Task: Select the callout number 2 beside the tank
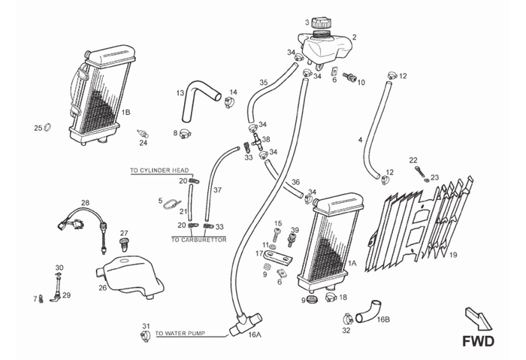click(x=354, y=37)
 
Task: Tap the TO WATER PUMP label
click(x=179, y=331)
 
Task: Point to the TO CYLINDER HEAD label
click(x=159, y=171)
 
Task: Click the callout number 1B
click(x=126, y=112)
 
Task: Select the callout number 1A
click(x=352, y=264)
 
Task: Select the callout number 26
click(x=102, y=287)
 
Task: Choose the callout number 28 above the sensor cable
click(x=85, y=202)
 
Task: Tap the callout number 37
click(x=218, y=189)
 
